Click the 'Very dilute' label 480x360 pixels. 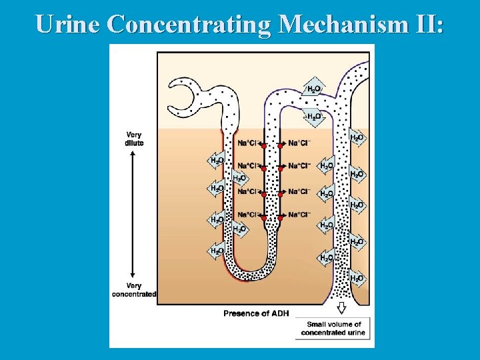tap(133, 139)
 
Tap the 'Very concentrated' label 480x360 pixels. tap(134, 290)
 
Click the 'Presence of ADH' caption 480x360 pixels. tap(256, 313)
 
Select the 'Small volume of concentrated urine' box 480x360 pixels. tap(333, 328)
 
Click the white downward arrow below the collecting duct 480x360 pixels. tap(341, 307)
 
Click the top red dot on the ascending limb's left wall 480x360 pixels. tap(263, 146)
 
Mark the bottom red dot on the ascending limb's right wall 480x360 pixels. tap(281, 217)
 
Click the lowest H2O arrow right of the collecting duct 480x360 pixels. tap(358, 277)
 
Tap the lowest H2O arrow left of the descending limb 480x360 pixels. tap(217, 251)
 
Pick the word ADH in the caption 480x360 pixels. tap(279, 313)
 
